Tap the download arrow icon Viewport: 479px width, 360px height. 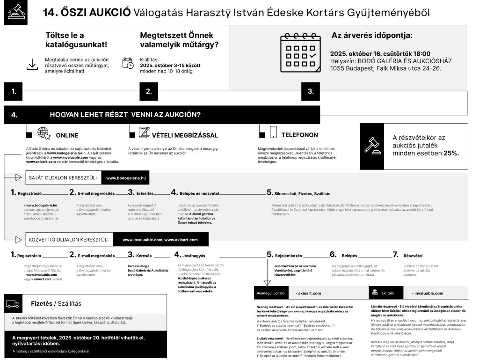(32, 64)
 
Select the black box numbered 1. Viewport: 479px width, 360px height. (13, 91)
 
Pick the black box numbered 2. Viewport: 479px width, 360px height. (149, 91)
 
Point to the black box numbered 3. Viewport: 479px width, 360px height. (311, 91)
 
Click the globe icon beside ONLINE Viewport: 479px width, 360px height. (44, 133)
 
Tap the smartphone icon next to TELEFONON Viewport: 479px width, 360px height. (273, 132)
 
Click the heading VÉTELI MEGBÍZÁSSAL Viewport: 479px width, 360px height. (185, 135)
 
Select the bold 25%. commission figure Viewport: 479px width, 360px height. (451, 153)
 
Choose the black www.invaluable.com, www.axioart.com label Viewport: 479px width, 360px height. (160, 240)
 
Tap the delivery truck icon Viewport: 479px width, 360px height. (13, 304)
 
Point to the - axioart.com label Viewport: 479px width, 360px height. (309, 293)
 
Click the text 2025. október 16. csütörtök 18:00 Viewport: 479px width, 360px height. (380, 54)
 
